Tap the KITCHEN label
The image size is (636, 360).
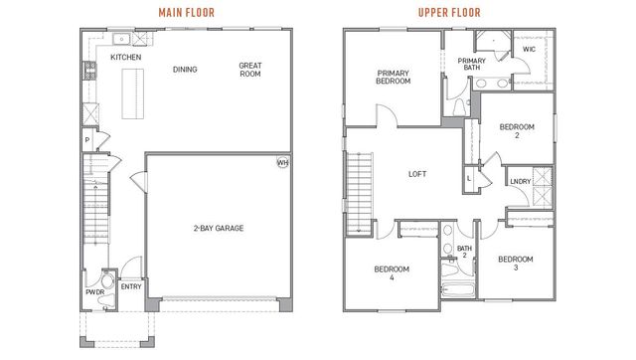click(x=125, y=58)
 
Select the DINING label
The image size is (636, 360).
click(x=185, y=70)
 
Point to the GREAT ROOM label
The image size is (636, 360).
click(x=249, y=71)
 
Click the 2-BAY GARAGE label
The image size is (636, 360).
click(x=219, y=228)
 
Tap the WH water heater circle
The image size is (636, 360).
click(x=282, y=162)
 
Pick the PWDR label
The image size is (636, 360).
click(x=94, y=293)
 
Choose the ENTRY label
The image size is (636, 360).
click(x=130, y=286)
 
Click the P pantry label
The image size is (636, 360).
click(x=87, y=141)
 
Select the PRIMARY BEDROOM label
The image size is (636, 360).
click(x=394, y=77)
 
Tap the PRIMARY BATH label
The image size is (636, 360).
click(x=471, y=65)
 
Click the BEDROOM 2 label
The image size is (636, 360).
click(x=517, y=131)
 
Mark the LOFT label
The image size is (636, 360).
click(x=418, y=173)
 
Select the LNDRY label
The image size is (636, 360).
click(x=519, y=181)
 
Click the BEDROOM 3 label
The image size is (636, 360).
click(x=516, y=264)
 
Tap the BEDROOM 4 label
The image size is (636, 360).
click(x=391, y=273)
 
